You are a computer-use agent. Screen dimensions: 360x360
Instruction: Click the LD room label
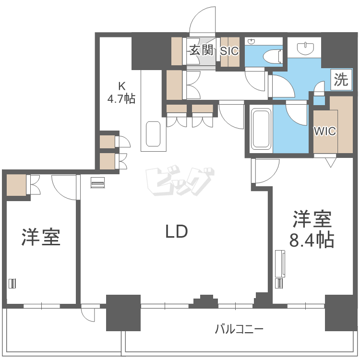[x=176, y=232]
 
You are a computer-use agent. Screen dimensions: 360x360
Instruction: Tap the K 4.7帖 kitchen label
[x=121, y=93]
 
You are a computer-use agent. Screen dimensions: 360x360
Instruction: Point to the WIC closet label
[x=325, y=131]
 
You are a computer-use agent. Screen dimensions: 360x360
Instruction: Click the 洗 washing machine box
[x=341, y=79]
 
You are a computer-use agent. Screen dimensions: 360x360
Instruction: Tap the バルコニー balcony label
[x=239, y=329]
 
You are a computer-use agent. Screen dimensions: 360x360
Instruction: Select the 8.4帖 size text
[x=312, y=240]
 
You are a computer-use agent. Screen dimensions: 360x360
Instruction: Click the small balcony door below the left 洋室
[x=88, y=314]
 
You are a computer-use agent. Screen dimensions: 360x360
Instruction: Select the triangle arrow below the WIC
[x=330, y=162]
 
